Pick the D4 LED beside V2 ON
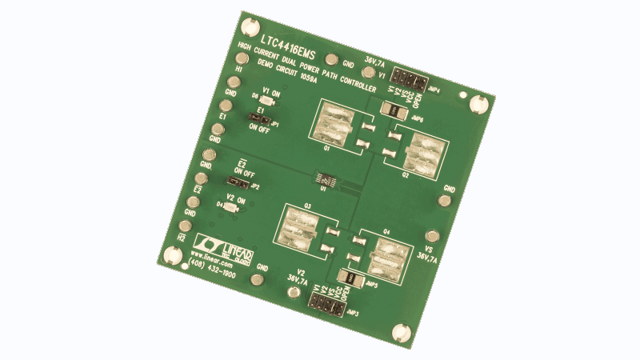click(231, 206)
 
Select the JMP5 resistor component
click(350, 275)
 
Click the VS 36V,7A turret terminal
click(433, 237)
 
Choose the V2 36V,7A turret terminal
click(257, 280)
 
